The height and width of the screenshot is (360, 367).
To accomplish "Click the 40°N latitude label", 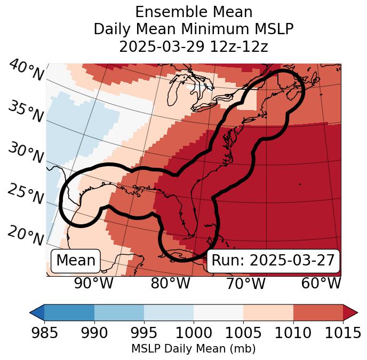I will click(x=26, y=71).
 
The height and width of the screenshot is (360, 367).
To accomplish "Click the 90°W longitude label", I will click(x=93, y=283).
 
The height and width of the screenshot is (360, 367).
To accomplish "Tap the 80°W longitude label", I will click(x=171, y=283).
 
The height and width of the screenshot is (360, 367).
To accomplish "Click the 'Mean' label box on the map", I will click(x=76, y=261).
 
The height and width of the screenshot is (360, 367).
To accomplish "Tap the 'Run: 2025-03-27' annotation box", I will click(x=273, y=261).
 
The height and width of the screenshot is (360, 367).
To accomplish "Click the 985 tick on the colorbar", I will click(x=44, y=333).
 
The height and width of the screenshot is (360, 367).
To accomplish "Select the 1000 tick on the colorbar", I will click(x=194, y=333).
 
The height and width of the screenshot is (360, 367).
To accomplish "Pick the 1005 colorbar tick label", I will click(x=243, y=333).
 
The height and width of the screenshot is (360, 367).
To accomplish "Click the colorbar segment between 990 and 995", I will click(x=119, y=312).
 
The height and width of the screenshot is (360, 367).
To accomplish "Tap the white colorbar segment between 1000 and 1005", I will click(x=218, y=312).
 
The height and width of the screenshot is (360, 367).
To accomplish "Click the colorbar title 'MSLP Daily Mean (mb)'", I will click(x=193, y=349).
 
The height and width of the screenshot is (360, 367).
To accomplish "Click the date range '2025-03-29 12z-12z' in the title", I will click(x=194, y=46).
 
